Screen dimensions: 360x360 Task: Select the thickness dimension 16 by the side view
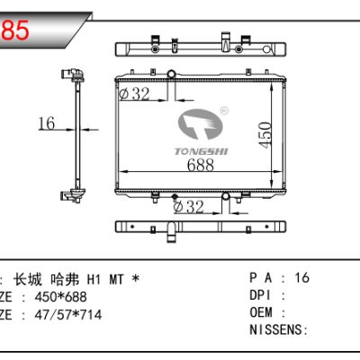pyautogui.click(x=47, y=124)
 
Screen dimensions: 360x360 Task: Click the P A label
pyautogui.click(x=260, y=278)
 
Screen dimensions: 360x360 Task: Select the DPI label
pyautogui.click(x=259, y=295)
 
